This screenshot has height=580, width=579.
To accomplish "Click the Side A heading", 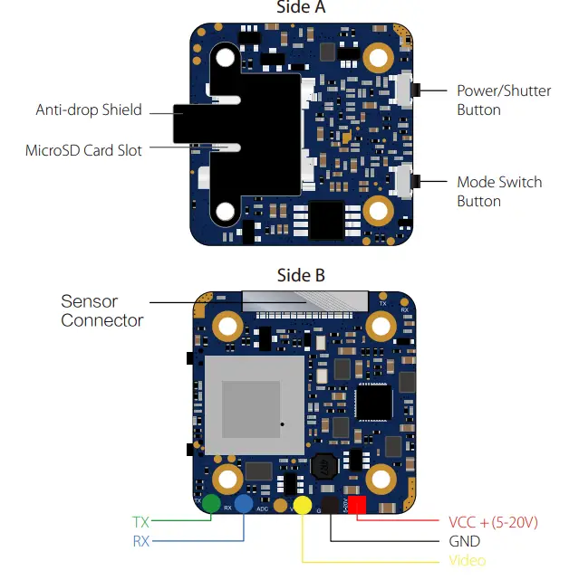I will (301, 8).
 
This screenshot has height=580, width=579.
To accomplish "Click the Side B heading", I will (301, 275).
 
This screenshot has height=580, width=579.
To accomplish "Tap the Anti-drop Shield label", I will (89, 109).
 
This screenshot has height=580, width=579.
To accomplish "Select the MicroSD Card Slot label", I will (83, 150).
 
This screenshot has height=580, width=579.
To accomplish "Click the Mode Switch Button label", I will (499, 191).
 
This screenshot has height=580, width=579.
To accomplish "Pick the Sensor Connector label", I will (102, 310).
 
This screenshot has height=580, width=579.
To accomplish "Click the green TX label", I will (140, 522).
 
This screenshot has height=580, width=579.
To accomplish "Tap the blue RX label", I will (140, 541).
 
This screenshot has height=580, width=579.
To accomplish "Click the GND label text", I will (465, 541).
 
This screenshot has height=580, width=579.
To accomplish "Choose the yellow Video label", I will (468, 561).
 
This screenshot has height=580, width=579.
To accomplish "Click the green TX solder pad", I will (212, 504).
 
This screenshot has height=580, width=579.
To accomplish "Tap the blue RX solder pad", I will (244, 505).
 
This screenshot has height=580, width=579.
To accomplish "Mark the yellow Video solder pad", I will (302, 506).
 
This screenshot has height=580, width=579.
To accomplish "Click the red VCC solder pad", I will (358, 506).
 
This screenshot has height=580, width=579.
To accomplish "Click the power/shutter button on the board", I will (405, 90).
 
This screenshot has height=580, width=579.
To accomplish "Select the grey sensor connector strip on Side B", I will (305, 298).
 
